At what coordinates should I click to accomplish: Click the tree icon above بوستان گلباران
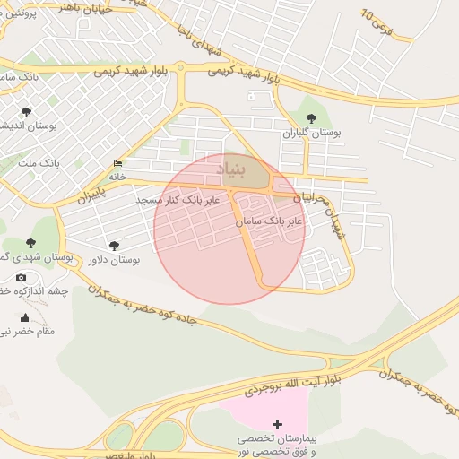pos(311,117)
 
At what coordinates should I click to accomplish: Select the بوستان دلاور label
pos(114,260)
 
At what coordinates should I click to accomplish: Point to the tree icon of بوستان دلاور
pos(114,245)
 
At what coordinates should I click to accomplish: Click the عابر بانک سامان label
pos(269,220)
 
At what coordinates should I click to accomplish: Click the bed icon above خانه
pos(117,164)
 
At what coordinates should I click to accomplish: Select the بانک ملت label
pos(39,165)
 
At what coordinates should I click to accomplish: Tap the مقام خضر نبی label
pos(27,331)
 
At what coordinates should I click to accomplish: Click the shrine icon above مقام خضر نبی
pos(25,317)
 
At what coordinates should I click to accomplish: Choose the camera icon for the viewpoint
pos(22,277)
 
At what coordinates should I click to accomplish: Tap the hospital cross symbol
pos(277,423)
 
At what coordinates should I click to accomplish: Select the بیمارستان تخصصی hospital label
pos(278,439)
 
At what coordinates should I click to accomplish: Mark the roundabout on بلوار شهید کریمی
pos(180,66)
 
